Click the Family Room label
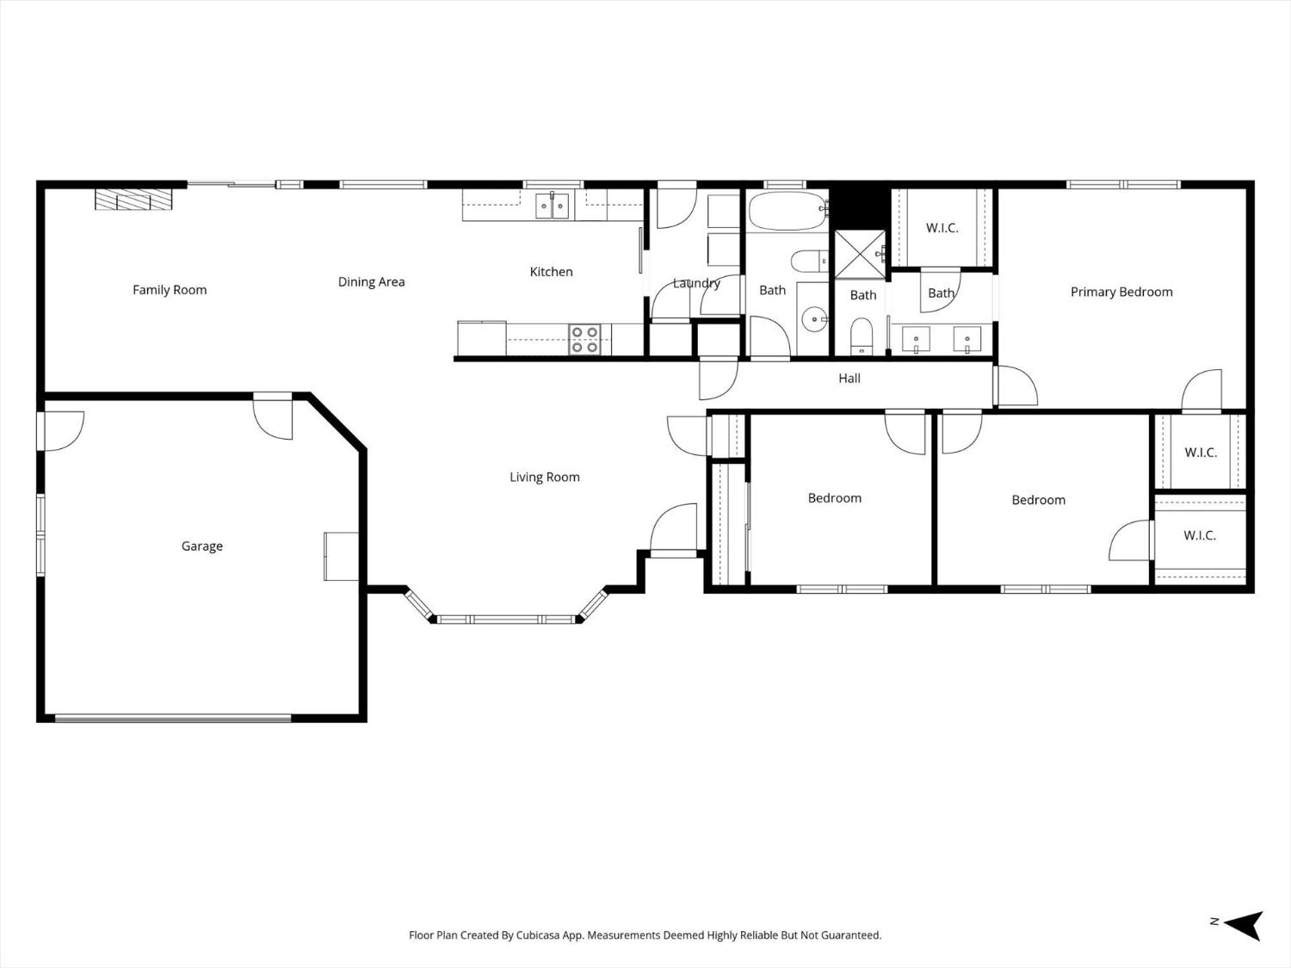point(170,290)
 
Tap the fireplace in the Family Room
point(133,200)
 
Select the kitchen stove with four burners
point(585,339)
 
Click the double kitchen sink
point(552,206)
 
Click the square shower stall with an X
point(860,254)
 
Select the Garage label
point(202,546)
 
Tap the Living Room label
point(544,478)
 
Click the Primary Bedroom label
point(1121,293)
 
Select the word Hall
point(849,379)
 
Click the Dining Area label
point(371,282)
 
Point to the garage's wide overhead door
point(173,718)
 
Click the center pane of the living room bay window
point(506,619)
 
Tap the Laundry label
point(696,283)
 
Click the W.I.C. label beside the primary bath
point(942,228)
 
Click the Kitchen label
point(551,272)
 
